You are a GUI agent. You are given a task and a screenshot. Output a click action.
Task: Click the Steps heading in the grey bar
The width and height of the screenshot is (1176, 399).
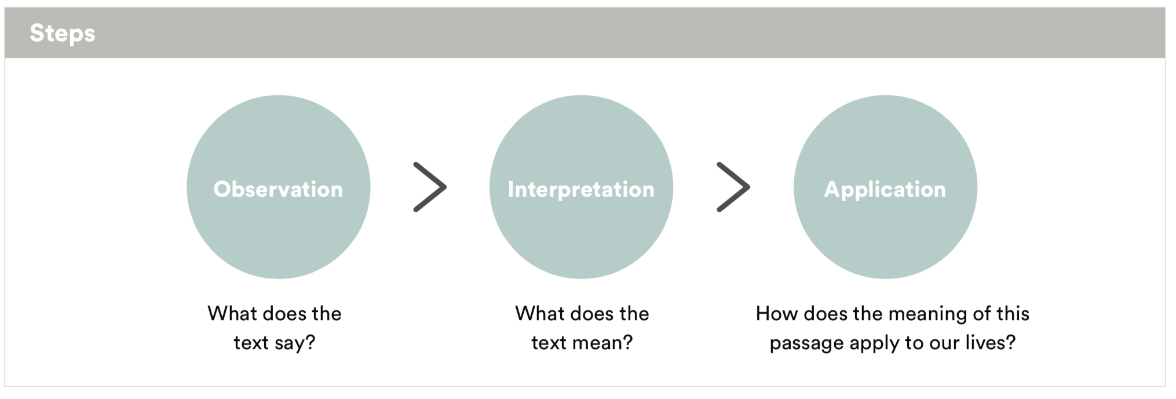63,34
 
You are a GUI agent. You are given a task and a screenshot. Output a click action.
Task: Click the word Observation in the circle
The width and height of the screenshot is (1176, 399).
278,189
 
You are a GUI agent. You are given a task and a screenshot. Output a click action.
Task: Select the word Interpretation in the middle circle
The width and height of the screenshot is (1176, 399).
581,190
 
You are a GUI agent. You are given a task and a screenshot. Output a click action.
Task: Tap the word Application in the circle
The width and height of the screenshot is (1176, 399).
885,190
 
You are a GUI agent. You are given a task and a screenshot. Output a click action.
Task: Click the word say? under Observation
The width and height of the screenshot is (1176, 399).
295,343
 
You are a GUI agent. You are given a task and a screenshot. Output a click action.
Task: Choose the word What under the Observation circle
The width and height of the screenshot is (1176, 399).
232,314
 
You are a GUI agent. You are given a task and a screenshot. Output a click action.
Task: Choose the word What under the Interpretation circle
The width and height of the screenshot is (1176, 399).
539,314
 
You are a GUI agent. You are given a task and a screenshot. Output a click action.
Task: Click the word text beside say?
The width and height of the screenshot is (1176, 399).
251,343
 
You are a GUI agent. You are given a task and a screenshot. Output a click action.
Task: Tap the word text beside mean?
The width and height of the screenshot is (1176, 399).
549,343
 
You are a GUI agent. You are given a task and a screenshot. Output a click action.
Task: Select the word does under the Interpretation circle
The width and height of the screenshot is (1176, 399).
592,314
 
